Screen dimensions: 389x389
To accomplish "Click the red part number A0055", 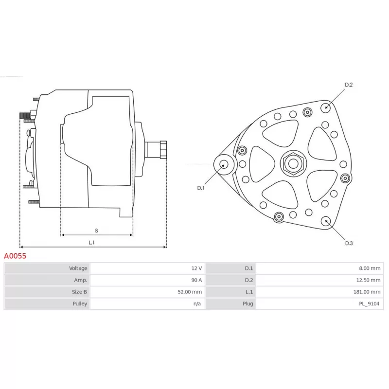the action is pos(15,256).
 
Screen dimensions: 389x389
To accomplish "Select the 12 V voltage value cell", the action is pos(196,268).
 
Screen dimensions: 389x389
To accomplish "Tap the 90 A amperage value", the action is pos(196,280).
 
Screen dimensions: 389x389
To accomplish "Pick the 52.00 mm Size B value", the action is pos(190,292).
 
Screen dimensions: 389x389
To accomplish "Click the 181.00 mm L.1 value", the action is pos(367,292).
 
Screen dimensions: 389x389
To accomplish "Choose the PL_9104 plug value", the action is pos(369,303).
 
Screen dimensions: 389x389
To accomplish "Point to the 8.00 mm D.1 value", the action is pos(370,268).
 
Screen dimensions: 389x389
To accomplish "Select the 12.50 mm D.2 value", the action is pos(368,280).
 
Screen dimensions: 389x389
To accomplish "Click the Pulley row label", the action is pos(80,303).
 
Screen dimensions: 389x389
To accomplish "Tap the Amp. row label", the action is pos(81,280).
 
